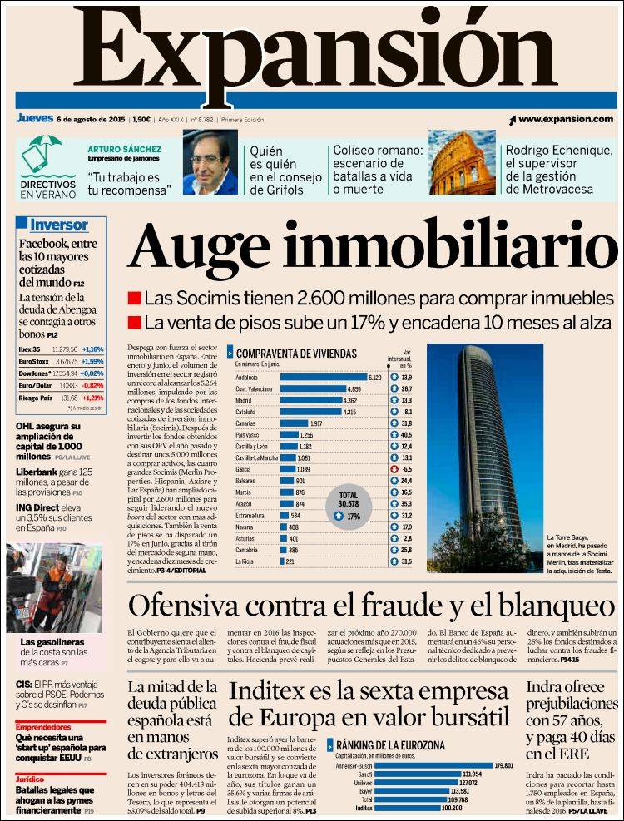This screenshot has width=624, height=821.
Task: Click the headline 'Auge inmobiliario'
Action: click(371, 246)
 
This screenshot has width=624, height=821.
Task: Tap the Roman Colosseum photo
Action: click(462, 162)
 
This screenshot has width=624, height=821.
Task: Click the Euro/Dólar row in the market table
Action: click(61, 386)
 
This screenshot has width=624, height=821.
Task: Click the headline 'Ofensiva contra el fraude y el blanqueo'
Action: click(371, 606)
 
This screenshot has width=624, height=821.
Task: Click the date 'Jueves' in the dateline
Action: click(34, 118)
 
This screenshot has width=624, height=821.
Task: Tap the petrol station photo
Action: click(54, 588)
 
